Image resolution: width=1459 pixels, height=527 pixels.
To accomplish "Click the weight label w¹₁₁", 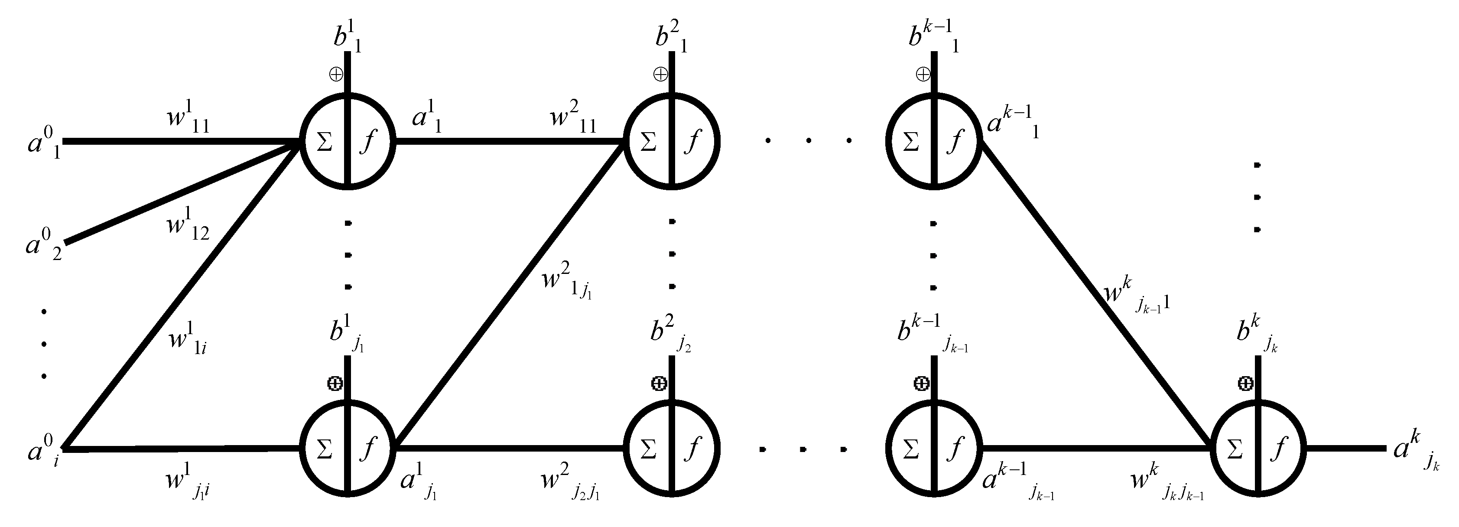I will pyautogui.click(x=188, y=116).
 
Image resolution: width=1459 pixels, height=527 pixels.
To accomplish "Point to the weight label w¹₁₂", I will pyautogui.click(x=188, y=225).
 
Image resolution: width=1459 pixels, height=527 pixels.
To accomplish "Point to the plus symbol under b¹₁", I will pyautogui.click(x=336, y=74).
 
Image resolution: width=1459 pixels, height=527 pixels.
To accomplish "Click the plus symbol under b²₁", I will pyautogui.click(x=660, y=74).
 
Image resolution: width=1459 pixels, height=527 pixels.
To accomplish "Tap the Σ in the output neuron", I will pyautogui.click(x=1235, y=450).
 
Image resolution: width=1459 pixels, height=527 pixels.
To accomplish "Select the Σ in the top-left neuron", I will pyautogui.click(x=324, y=142).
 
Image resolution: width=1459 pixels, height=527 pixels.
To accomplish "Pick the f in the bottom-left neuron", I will pyautogui.click(x=368, y=450).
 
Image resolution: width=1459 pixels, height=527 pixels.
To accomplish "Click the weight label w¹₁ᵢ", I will pyautogui.click(x=188, y=339).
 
